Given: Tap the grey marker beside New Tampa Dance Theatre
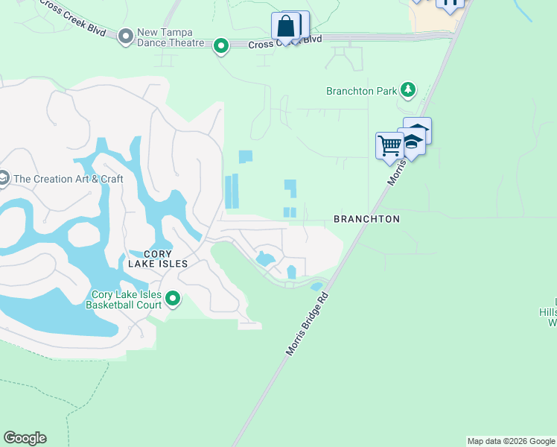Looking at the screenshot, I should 125,34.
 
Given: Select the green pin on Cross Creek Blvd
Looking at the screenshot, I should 221,46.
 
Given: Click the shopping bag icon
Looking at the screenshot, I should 286,27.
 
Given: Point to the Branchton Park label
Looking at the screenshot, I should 361,91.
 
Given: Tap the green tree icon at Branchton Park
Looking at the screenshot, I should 407,90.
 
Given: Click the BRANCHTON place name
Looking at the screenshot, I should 366,219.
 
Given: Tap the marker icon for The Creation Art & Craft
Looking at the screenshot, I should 4,178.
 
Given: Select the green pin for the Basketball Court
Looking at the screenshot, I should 173,299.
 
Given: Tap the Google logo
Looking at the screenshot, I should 25,438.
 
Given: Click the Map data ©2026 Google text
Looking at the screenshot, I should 511,441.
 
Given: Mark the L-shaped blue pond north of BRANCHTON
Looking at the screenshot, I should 290,187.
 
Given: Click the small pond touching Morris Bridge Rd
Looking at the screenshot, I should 316,286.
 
